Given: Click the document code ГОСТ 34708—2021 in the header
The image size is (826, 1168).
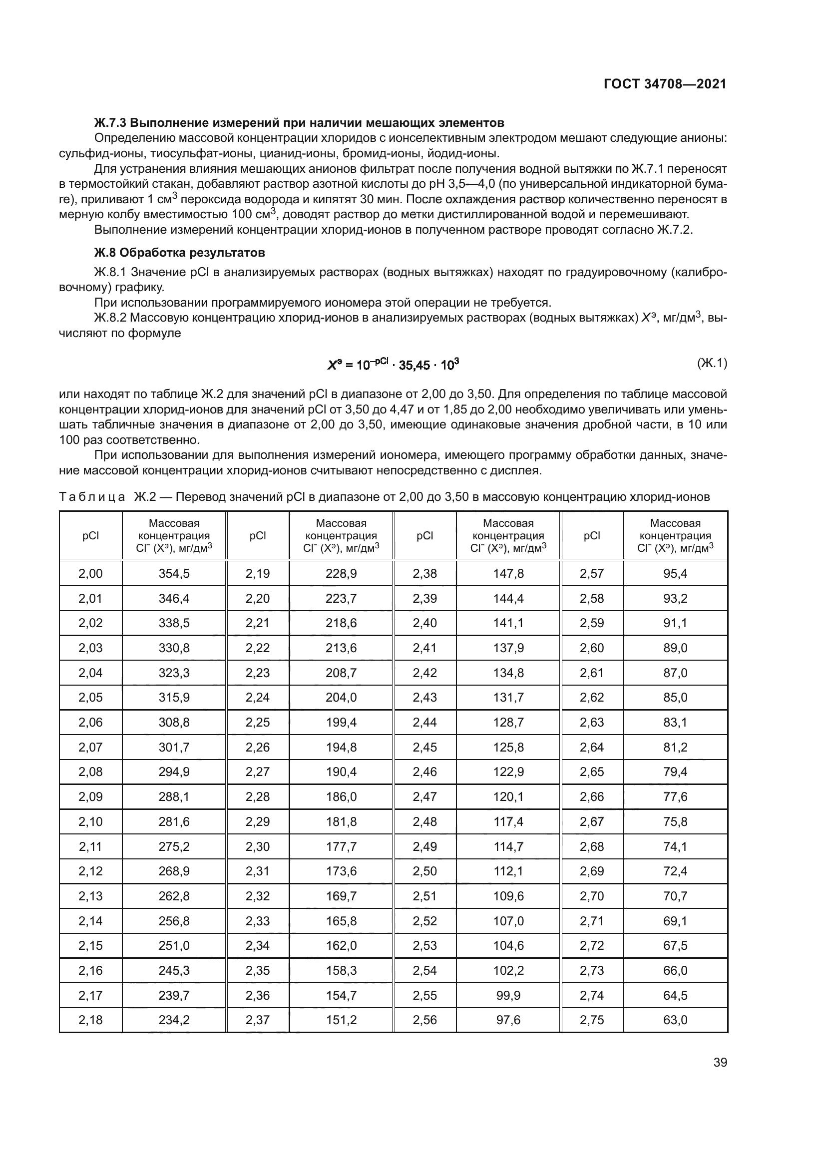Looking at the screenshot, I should (665, 84).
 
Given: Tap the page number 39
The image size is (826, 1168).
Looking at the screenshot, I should (720, 1062).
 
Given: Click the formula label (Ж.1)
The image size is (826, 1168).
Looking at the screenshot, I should (712, 363).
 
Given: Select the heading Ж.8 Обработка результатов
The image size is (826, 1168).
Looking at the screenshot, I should (180, 252).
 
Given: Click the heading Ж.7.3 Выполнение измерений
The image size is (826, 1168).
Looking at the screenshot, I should (299, 123).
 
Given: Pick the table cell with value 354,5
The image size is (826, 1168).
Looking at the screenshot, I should (174, 573).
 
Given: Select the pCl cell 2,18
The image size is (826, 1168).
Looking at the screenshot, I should (90, 1020).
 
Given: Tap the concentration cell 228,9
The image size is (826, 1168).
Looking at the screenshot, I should (341, 573).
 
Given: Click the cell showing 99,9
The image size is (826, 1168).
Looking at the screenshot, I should (508, 995).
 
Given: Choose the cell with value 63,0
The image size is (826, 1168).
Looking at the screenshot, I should (675, 1020).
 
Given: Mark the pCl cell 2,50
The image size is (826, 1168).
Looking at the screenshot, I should (424, 871).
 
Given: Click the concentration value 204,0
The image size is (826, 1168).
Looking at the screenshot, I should (341, 697).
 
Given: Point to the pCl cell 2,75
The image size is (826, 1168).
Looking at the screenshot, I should (591, 1020).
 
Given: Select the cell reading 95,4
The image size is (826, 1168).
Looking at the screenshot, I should (675, 573).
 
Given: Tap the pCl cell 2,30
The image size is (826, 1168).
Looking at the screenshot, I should (257, 846).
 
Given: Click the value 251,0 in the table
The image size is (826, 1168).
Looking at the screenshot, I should (174, 945).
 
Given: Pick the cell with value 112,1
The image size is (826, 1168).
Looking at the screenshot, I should (508, 871).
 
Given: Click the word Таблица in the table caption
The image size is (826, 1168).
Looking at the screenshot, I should (91, 496).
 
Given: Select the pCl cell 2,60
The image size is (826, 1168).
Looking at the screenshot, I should (591, 648).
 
